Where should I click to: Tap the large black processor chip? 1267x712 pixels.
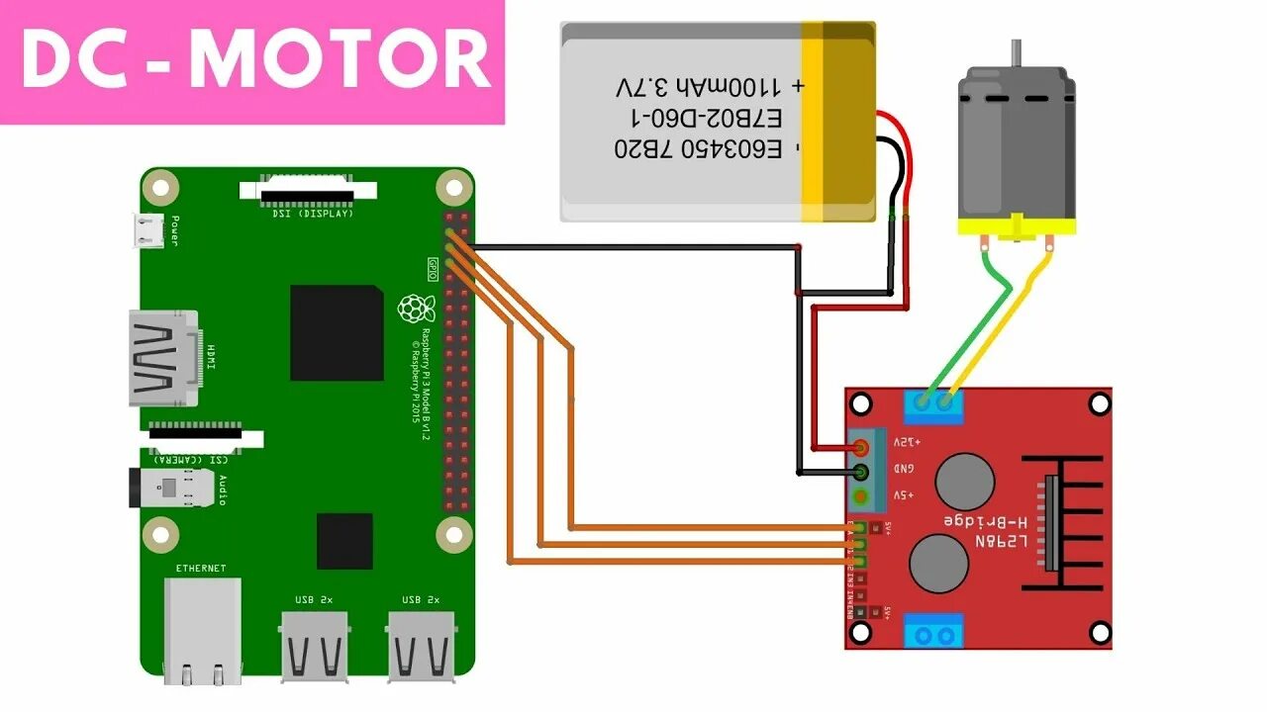click(337, 333)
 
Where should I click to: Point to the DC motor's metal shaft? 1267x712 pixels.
click(1016, 53)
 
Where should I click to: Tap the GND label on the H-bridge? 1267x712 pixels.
click(904, 469)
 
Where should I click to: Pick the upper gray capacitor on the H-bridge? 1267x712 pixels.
click(964, 482)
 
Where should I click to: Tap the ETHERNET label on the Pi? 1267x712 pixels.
click(201, 569)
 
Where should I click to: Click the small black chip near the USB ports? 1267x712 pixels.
click(344, 541)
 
